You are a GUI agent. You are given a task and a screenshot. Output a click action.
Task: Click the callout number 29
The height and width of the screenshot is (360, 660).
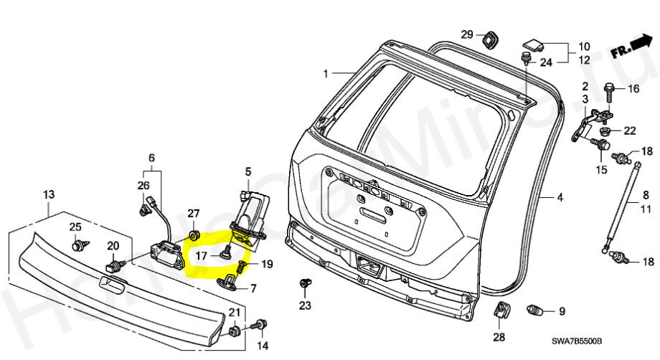tap(466, 34)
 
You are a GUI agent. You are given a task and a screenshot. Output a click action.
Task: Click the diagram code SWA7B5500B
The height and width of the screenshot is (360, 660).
tap(577, 342)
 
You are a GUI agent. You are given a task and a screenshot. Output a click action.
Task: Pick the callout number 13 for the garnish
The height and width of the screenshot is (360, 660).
tap(49, 195)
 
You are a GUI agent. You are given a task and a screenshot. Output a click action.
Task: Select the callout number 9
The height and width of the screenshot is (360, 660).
tap(561, 311)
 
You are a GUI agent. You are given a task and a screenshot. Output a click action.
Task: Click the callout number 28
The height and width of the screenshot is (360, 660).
tap(499, 336)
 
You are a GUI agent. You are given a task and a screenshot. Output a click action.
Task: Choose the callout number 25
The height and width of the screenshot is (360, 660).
tap(75, 227)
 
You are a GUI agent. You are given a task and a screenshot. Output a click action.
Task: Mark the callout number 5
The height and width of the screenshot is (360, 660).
tap(247, 171)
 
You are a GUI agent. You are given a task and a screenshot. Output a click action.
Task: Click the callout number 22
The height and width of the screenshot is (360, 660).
tap(629, 131)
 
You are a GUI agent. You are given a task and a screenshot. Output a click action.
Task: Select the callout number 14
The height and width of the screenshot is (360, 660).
tap(263, 346)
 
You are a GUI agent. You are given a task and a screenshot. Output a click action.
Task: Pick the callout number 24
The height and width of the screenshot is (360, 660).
tap(546, 62)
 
